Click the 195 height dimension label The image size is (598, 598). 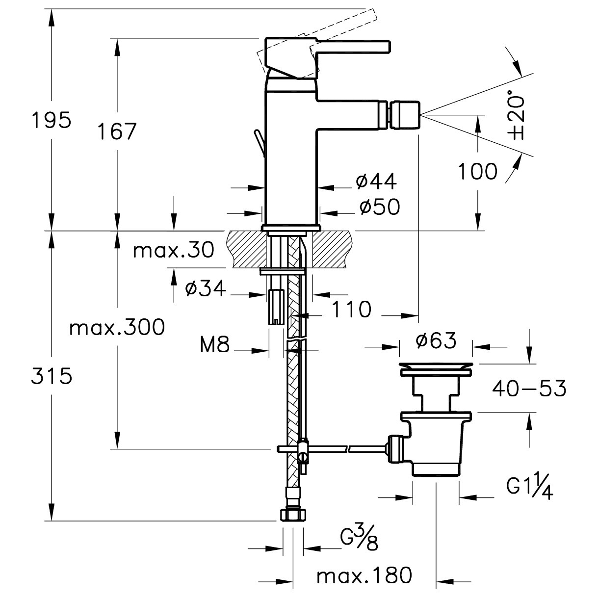pos(51,121)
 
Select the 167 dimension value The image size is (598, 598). pos(116,131)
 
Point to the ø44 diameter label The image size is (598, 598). pos(376,182)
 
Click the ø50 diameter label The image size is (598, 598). pos(379,208)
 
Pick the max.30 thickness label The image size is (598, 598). pos(174,251)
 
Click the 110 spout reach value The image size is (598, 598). pos(351,310)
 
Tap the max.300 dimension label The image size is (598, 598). pos(117,327)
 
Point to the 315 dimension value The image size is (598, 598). pos(52,376)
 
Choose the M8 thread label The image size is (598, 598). pos(215,346)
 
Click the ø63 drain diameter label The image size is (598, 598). pos(436,340)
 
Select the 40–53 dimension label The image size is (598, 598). pos(529,389)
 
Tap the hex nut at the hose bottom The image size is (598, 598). pos(292,515)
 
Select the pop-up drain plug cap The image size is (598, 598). pos(436,368)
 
